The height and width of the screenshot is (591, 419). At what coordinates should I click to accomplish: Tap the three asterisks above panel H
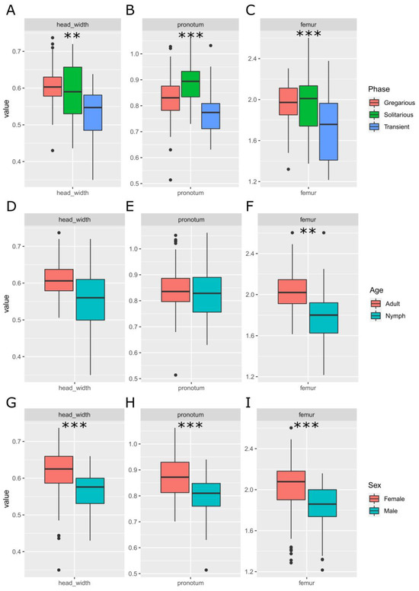click(190, 427)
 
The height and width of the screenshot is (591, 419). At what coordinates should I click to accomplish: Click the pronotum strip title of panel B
click(190, 24)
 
